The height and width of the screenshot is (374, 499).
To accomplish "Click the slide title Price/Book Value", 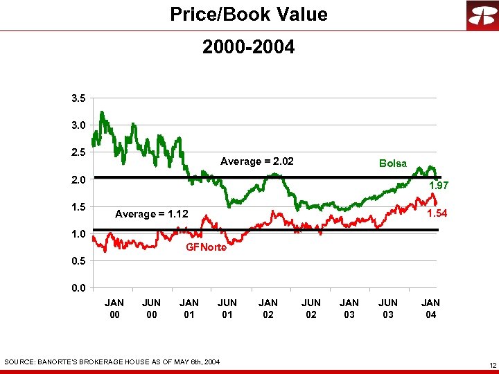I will [249, 15].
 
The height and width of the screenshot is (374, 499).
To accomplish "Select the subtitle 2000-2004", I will [248, 47].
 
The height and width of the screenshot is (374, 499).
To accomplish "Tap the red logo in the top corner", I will [481, 15].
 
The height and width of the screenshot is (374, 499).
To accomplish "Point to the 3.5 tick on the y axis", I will [78, 98].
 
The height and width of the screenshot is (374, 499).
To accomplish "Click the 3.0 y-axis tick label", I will [78, 125].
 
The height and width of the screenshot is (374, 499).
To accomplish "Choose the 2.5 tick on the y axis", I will [78, 152].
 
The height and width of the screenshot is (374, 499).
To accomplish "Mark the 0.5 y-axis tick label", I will [78, 261].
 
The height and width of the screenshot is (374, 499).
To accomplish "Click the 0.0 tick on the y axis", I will [78, 288].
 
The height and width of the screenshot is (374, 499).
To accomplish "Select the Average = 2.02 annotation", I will [256, 161].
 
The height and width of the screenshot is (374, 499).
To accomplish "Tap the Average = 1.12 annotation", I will [151, 214].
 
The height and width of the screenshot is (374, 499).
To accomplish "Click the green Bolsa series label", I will [392, 163].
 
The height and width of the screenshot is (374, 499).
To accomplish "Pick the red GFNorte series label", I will [206, 247].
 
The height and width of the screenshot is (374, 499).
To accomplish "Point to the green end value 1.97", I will [439, 186].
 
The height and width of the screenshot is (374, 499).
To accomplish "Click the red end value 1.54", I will [437, 213].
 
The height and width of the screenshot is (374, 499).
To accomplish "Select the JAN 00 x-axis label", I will [114, 309].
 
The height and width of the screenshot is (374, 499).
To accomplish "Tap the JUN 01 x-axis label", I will [227, 309].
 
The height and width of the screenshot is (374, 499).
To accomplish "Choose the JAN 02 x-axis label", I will [268, 309].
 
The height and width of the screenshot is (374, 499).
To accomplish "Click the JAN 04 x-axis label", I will [430, 309].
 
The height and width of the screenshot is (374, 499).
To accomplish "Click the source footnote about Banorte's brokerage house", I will [112, 362].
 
